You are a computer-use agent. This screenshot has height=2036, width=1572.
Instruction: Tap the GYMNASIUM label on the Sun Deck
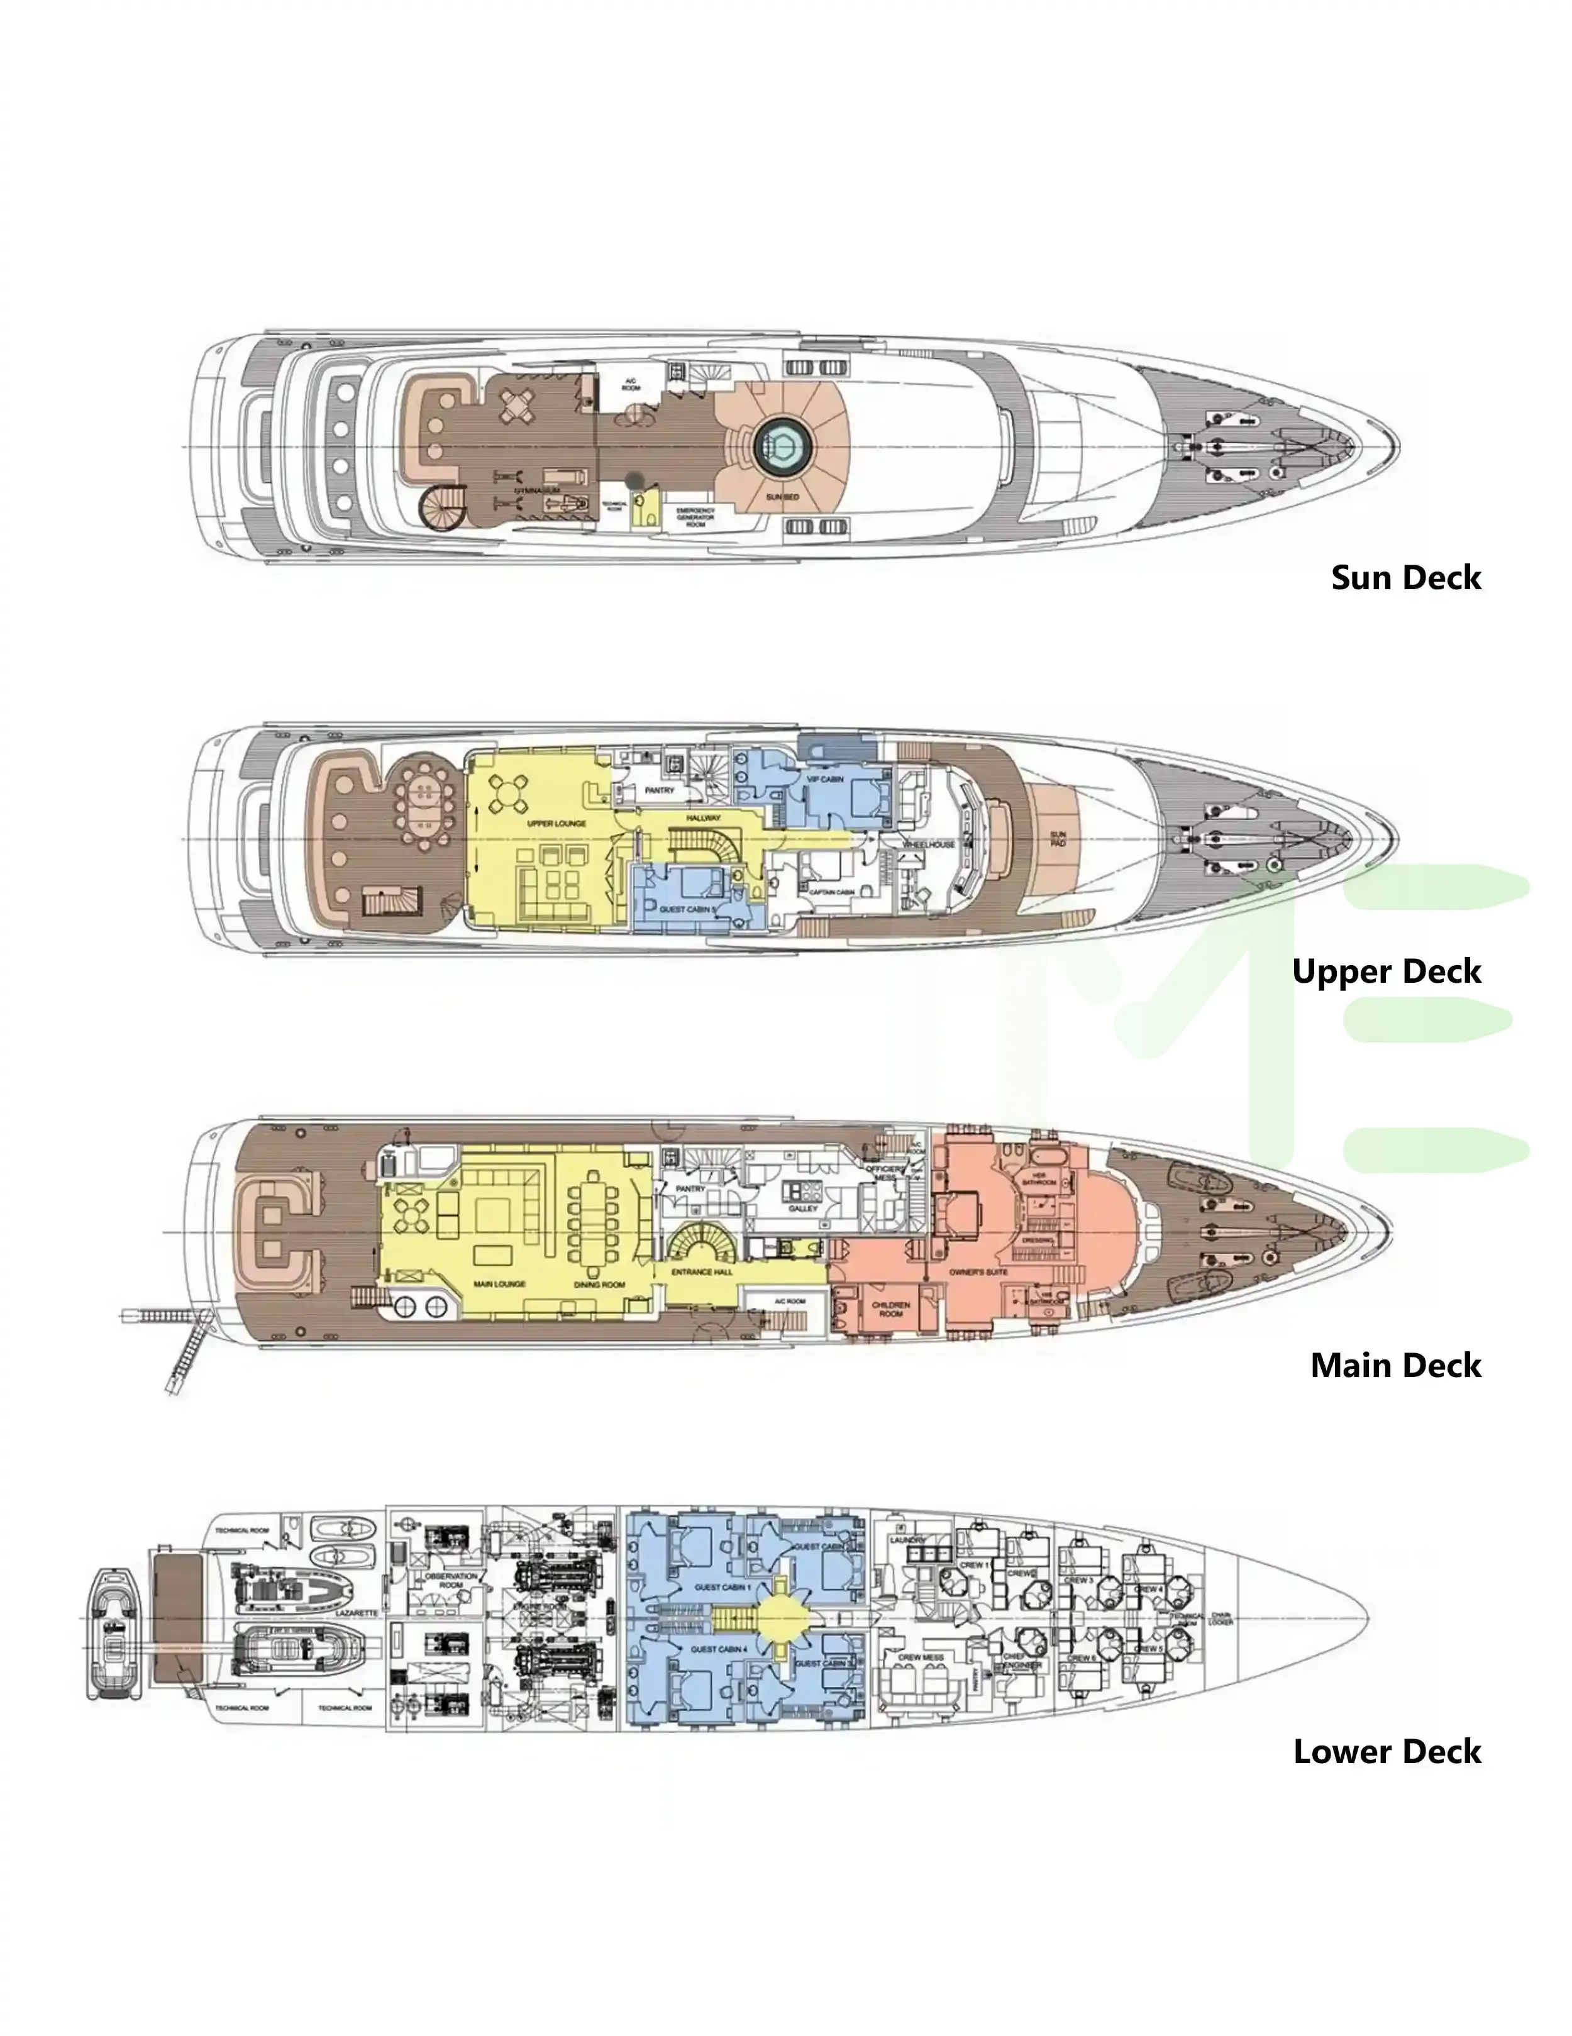click(539, 489)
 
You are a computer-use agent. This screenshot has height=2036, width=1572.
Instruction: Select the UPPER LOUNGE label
click(556, 824)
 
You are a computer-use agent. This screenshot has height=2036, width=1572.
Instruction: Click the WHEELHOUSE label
click(929, 844)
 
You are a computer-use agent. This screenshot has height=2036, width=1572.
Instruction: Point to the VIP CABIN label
click(825, 779)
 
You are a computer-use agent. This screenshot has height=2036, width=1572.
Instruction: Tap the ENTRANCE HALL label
click(703, 1271)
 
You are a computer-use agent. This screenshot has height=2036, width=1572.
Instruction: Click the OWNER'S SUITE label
click(978, 1271)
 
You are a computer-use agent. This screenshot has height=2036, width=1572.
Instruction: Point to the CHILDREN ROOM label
click(890, 1309)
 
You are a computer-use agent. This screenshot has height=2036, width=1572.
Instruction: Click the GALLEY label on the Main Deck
click(803, 1208)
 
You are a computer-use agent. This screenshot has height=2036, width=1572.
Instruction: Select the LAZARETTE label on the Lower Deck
click(355, 1613)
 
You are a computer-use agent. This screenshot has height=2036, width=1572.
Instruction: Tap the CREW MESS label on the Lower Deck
click(921, 1657)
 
